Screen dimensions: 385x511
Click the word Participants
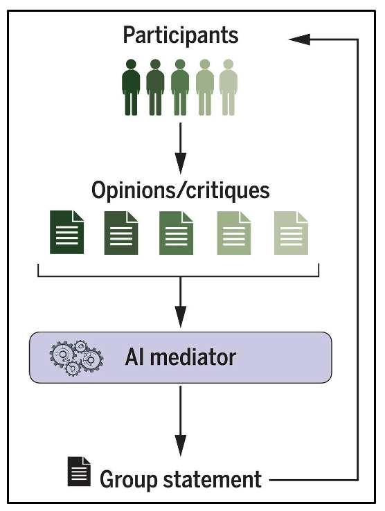(181, 35)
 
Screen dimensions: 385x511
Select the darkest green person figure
(131, 87)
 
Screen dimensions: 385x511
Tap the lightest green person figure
(229, 87)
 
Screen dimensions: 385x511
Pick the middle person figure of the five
(180, 87)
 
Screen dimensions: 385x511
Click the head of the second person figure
(155, 64)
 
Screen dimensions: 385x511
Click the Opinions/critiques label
(181, 190)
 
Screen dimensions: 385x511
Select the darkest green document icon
(67, 232)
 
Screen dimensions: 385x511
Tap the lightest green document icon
(291, 233)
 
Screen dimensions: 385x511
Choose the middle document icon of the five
(176, 233)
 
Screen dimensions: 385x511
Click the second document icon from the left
(121, 233)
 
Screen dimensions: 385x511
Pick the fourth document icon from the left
(234, 233)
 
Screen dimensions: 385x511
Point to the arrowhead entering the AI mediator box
(181, 316)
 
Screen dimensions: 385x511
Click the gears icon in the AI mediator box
(76, 358)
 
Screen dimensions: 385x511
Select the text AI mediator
(181, 357)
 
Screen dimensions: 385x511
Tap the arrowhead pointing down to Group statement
(181, 445)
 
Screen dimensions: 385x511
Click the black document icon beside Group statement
(79, 472)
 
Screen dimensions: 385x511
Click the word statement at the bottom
(212, 479)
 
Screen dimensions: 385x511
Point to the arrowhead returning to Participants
(299, 39)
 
